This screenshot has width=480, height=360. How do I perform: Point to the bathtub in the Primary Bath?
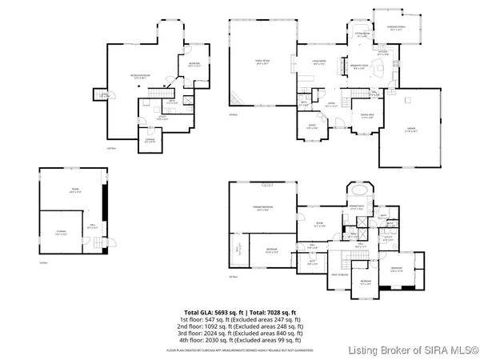pyautogui.click(x=358, y=193)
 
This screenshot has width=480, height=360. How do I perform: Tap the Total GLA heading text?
pyautogui.click(x=240, y=312)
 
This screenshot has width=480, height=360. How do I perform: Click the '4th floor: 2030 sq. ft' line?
pyautogui.click(x=240, y=341)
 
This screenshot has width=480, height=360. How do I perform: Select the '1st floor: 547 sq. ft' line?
pyautogui.click(x=240, y=320)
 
